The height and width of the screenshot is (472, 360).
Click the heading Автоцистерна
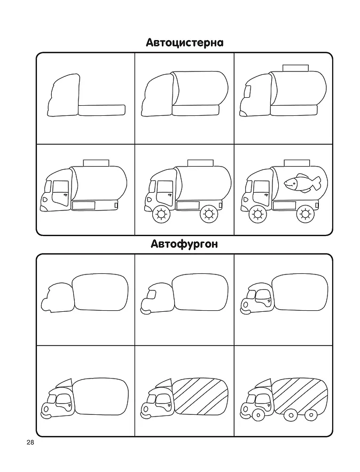[x=184, y=43]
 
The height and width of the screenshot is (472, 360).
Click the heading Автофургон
[x=184, y=244]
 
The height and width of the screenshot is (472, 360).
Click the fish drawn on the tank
[x=302, y=183]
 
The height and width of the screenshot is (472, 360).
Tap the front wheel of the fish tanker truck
[x=257, y=214]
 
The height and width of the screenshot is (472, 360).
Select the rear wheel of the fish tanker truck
[x=305, y=214]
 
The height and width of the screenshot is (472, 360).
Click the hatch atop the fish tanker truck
[x=297, y=162]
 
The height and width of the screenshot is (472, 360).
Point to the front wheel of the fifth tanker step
[x=161, y=214]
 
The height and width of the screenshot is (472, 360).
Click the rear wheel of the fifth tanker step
[x=208, y=214]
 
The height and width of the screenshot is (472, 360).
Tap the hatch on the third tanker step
[x=295, y=68]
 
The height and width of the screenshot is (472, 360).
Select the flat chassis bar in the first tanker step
[x=101, y=110]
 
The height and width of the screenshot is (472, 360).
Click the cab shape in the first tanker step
[x=64, y=95]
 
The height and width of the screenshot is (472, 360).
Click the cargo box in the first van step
[x=100, y=292]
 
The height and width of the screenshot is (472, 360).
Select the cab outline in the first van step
[x=58, y=298]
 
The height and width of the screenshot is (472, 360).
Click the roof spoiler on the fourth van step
[x=65, y=383]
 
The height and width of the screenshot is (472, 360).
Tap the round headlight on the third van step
[x=246, y=305]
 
